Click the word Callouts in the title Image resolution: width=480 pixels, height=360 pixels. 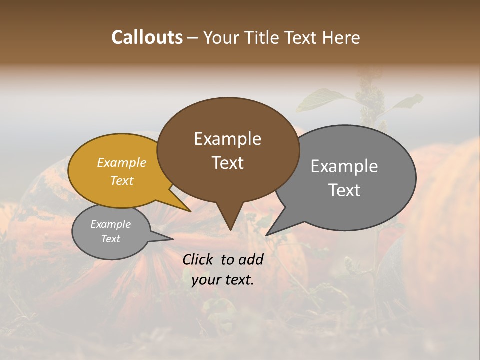147,37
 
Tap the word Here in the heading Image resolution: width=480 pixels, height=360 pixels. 342,37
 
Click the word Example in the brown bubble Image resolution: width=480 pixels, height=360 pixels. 227,138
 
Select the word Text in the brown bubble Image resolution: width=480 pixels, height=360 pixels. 227,162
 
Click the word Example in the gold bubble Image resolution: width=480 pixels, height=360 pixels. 121,162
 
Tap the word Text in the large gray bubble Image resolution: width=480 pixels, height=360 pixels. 344,190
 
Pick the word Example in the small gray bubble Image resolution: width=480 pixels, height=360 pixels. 110,224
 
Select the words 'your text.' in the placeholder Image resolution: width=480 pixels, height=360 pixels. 223,280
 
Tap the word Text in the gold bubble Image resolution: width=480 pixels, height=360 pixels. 121,180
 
